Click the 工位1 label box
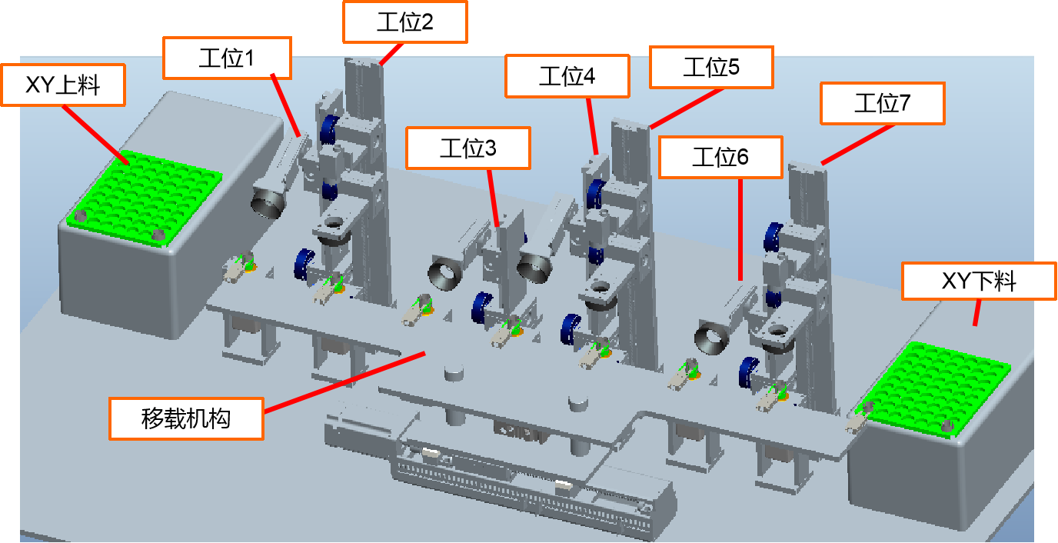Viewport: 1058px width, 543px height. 227,58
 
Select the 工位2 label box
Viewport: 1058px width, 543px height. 404,22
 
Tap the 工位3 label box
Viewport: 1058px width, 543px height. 468,148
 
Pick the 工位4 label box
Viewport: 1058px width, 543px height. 567,76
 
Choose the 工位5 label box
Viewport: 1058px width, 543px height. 711,67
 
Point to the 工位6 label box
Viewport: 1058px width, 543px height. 720,158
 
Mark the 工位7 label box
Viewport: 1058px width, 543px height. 882,104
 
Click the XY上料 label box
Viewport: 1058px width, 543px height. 63,85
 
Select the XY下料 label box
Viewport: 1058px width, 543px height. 979,281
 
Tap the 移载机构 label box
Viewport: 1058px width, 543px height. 186,418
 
